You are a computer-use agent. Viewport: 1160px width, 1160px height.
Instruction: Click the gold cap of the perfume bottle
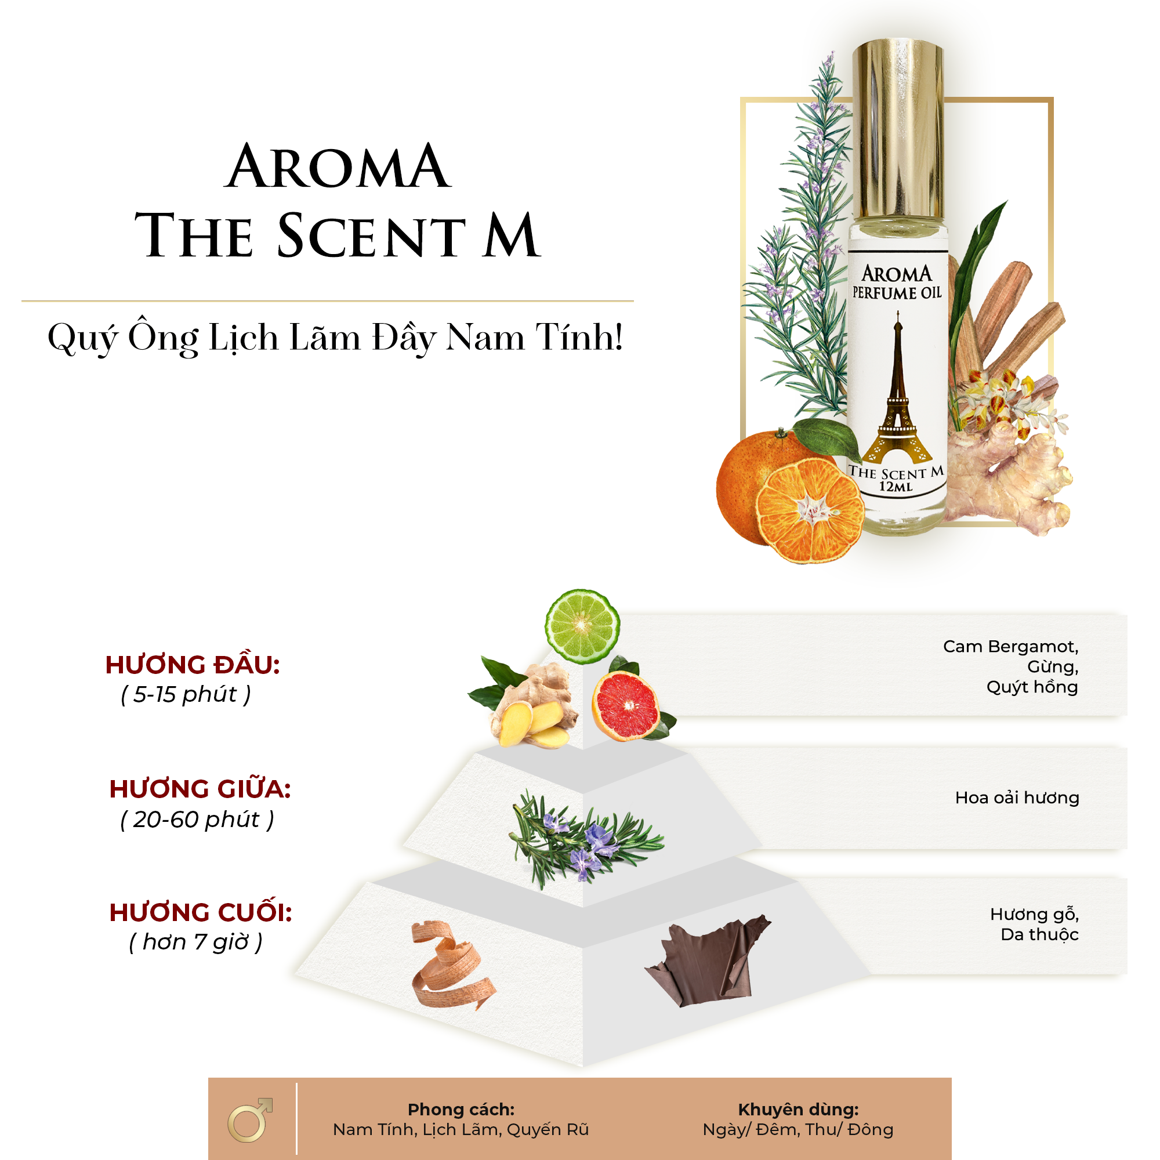click(x=898, y=130)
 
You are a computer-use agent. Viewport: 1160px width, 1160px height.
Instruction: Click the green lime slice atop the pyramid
click(x=582, y=626)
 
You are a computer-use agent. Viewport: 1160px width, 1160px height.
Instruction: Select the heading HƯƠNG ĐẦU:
click(x=193, y=665)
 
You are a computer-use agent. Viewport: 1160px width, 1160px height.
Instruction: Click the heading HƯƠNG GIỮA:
click(x=200, y=788)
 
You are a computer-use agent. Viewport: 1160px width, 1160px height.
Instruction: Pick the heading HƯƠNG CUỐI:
click(x=201, y=912)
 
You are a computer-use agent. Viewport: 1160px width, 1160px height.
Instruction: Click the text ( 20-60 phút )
click(x=197, y=820)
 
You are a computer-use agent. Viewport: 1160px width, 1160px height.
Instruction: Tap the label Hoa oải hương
click(x=1017, y=797)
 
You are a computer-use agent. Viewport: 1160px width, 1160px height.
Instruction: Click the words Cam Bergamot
click(x=1010, y=647)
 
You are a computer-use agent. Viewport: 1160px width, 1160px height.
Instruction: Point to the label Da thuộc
click(x=1039, y=935)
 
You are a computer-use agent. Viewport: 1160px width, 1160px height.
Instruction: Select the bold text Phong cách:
click(x=461, y=1110)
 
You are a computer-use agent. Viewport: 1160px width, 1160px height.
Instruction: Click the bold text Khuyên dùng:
click(x=798, y=1110)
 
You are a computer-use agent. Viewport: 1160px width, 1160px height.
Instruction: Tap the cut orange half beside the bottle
click(x=809, y=511)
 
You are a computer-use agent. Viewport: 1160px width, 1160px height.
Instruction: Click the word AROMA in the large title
click(x=338, y=166)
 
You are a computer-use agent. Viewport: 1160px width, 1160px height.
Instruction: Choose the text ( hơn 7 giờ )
click(x=195, y=942)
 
